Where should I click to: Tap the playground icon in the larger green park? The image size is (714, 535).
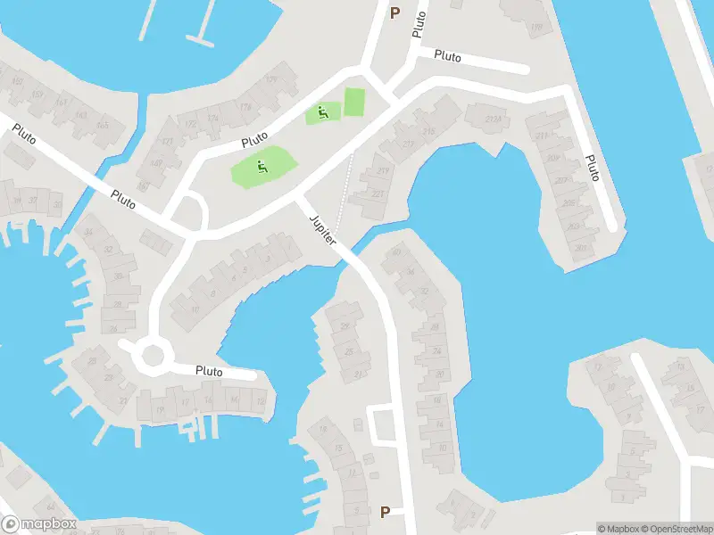pos(262,166)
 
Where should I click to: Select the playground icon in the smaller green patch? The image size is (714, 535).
pos(322,112)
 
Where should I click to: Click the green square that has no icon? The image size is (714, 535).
pos(354,101)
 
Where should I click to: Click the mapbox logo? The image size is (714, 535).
pos(38,524)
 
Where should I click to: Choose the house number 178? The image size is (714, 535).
pos(245,107)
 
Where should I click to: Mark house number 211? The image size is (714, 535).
pos(541,136)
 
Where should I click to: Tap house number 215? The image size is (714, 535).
pos(429,133)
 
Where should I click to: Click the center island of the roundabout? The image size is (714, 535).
pos(153,355)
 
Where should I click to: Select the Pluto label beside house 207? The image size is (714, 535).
pos(592,167)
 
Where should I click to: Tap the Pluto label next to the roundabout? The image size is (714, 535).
pos(209,370)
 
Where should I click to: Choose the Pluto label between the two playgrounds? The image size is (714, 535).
pos(255,140)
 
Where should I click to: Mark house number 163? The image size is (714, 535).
pos(79,116)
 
